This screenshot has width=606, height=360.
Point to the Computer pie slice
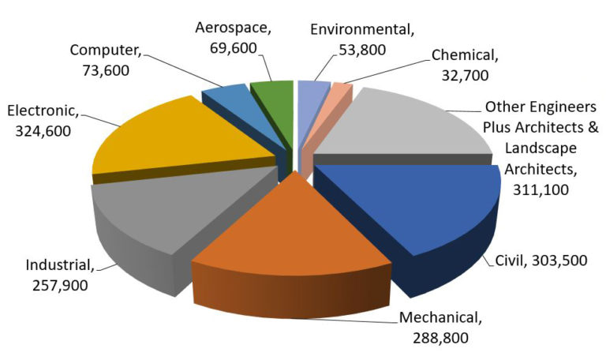229,98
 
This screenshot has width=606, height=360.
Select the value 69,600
233,47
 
